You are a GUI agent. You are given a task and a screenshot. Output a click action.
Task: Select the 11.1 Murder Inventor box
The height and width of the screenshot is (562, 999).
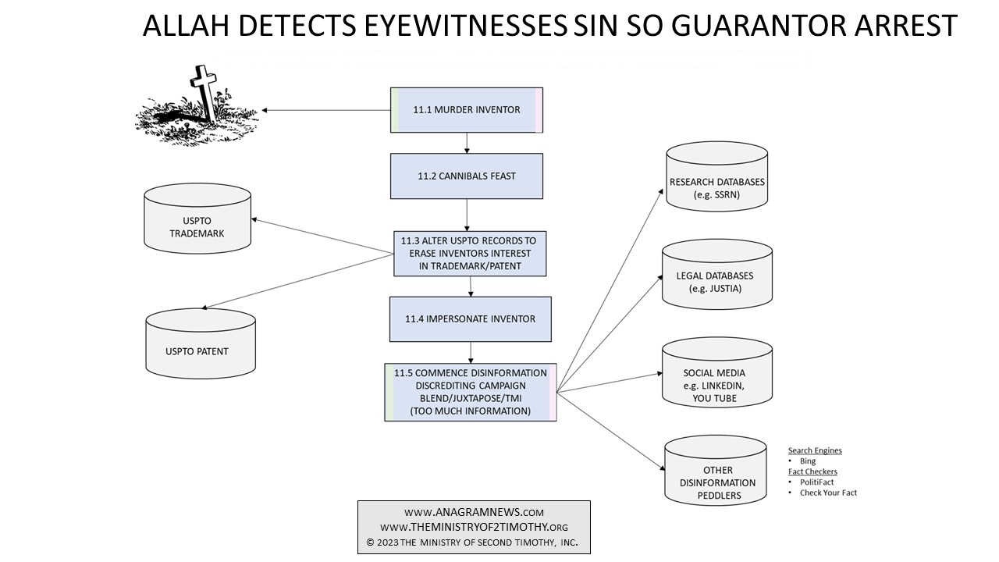click(x=467, y=110)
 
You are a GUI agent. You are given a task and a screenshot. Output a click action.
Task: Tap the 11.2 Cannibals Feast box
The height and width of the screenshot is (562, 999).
click(x=467, y=176)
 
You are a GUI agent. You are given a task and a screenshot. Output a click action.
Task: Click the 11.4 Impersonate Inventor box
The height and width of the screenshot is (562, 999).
click(x=470, y=318)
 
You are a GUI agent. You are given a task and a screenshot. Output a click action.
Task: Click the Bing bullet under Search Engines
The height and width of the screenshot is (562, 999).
click(x=808, y=461)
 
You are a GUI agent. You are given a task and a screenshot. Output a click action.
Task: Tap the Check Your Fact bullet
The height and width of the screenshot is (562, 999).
click(x=828, y=493)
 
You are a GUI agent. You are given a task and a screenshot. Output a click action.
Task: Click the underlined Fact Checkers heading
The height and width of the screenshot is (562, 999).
click(x=812, y=471)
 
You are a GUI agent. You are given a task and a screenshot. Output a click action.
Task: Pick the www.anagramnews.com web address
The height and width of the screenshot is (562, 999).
click(x=474, y=512)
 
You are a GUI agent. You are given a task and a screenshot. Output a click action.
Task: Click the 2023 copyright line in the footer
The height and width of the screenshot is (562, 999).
click(x=473, y=541)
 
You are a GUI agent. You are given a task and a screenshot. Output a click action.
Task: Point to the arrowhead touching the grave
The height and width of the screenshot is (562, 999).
click(x=265, y=110)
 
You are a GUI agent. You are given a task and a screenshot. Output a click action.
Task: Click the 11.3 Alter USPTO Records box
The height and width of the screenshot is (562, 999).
click(x=470, y=253)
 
